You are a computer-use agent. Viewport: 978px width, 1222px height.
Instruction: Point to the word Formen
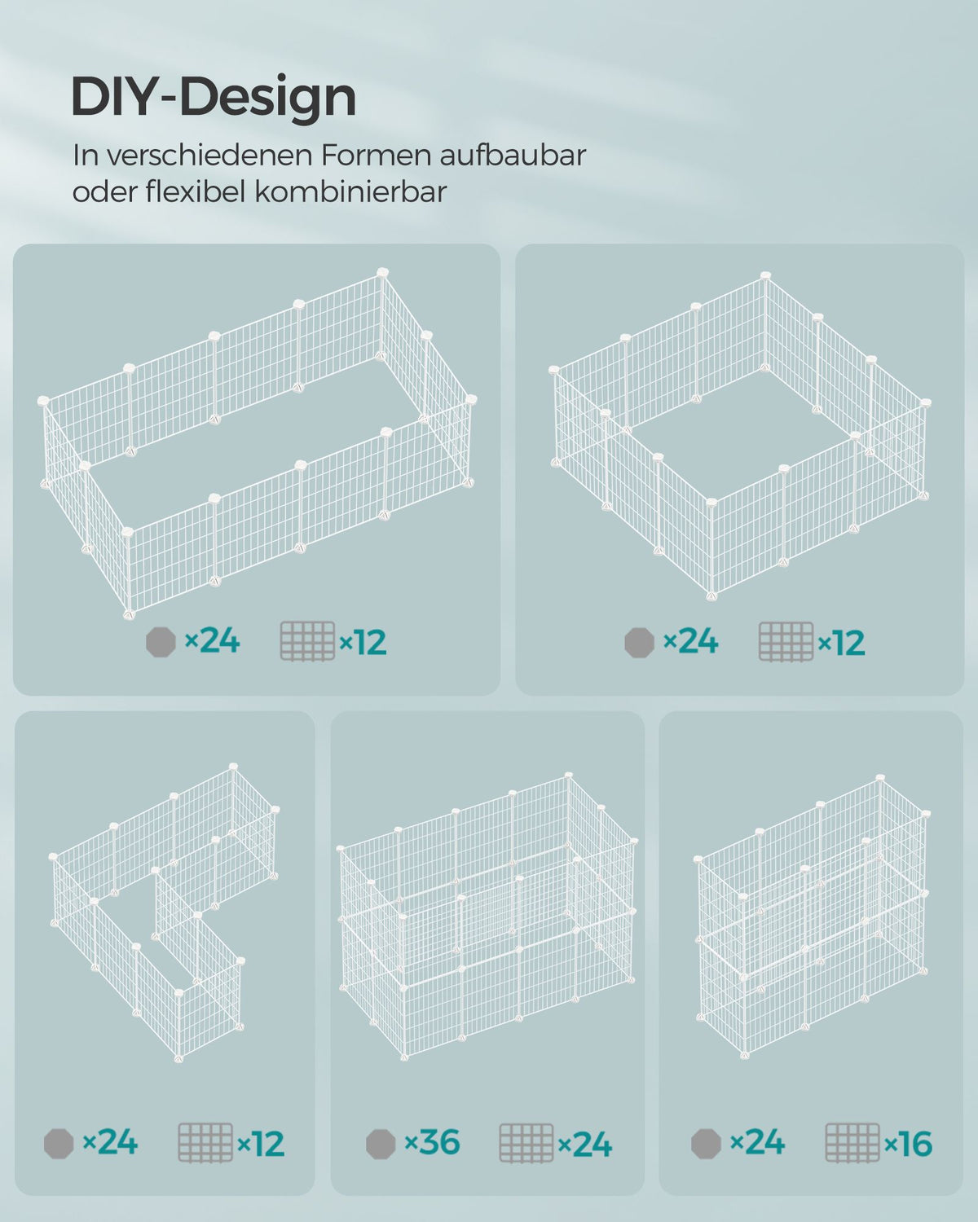pyautogui.click(x=376, y=155)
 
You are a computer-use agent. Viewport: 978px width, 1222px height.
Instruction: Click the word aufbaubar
pyautogui.click(x=513, y=155)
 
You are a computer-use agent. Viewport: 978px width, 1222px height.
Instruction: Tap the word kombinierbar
pyautogui.click(x=350, y=191)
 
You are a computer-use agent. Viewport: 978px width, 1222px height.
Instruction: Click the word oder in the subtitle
pyautogui.click(x=104, y=191)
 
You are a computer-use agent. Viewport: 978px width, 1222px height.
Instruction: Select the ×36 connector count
pyautogui.click(x=432, y=1142)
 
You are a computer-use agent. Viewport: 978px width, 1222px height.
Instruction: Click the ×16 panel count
pyautogui.click(x=908, y=1143)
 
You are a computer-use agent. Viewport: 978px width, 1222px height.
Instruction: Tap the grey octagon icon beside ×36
pyautogui.click(x=381, y=1144)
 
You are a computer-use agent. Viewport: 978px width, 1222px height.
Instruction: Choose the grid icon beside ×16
pyautogui.click(x=852, y=1142)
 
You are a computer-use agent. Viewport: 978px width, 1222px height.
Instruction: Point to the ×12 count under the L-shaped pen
pyautogui.click(x=260, y=1143)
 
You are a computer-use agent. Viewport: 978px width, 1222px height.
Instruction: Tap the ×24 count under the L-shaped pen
pyautogui.click(x=110, y=1142)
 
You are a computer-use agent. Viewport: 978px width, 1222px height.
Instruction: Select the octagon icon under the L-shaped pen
pyautogui.click(x=59, y=1144)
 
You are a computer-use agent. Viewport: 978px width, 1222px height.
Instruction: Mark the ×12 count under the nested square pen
pyautogui.click(x=841, y=642)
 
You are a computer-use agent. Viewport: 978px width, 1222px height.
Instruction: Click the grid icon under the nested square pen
pyautogui.click(x=786, y=642)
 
